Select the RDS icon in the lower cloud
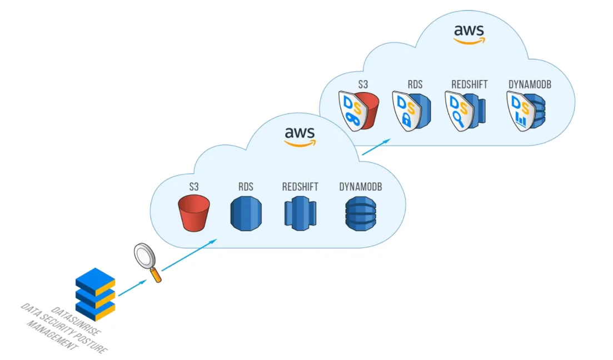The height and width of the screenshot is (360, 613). pyautogui.click(x=246, y=213)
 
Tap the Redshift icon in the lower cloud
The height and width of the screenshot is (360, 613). pyautogui.click(x=300, y=213)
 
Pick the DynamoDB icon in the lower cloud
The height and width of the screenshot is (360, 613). pyautogui.click(x=360, y=213)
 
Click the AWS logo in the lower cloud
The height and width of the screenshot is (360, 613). pyautogui.click(x=300, y=136)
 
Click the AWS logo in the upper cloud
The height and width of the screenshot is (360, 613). pyautogui.click(x=469, y=33)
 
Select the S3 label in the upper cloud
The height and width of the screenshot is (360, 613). pyautogui.click(x=363, y=84)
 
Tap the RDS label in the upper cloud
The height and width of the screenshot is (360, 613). pyautogui.click(x=415, y=84)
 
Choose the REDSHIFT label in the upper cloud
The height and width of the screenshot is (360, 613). pyautogui.click(x=469, y=84)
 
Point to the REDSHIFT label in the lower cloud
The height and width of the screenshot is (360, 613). pyautogui.click(x=300, y=187)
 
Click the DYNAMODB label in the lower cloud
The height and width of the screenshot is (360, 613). pyautogui.click(x=360, y=187)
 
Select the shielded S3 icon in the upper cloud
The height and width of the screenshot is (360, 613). pyautogui.click(x=358, y=111)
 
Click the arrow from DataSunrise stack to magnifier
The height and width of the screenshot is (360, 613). pyautogui.click(x=132, y=288)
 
